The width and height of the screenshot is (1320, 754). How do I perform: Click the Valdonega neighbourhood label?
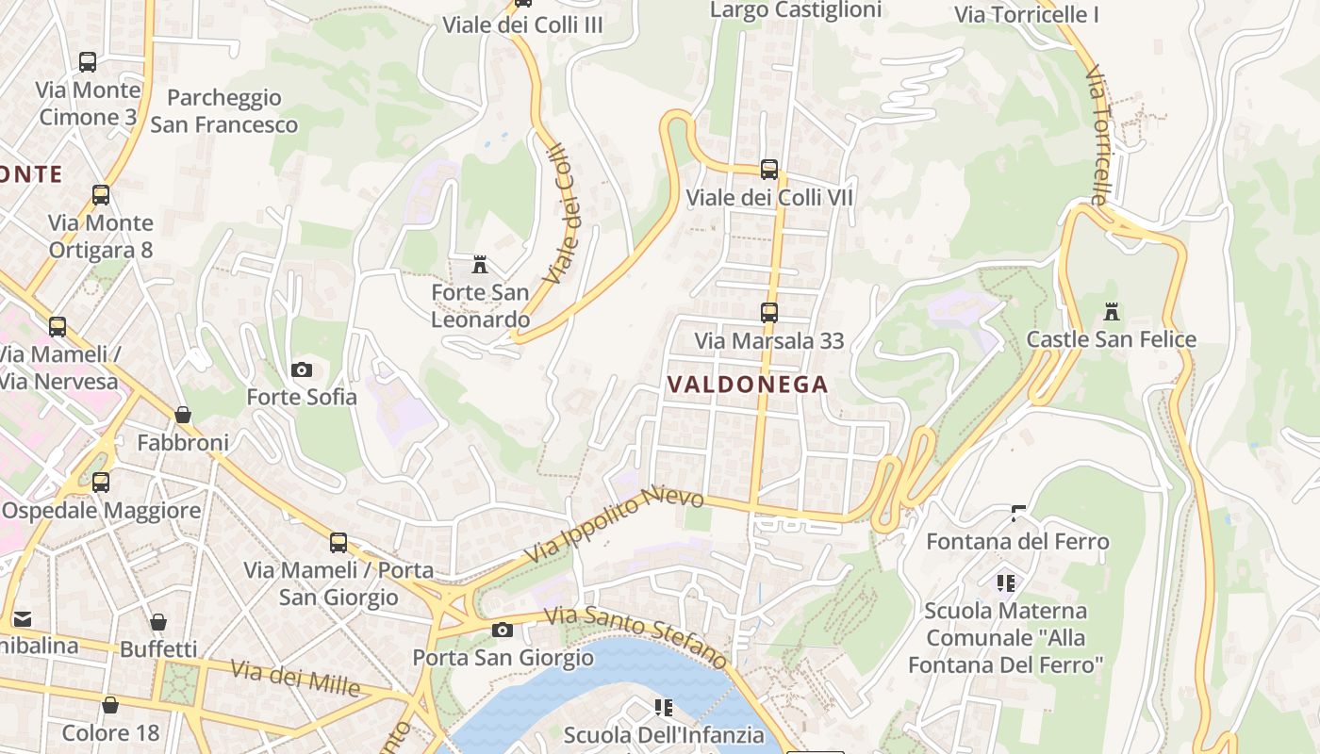click(x=747, y=385)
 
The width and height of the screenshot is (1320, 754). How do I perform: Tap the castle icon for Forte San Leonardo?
click(x=480, y=265)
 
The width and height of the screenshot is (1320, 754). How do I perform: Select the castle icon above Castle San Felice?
click(x=1112, y=311)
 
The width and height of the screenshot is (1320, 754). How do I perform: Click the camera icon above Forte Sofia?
click(x=302, y=369)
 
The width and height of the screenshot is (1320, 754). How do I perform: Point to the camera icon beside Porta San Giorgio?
click(x=503, y=630)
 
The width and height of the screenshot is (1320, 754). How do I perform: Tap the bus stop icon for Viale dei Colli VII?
click(x=769, y=170)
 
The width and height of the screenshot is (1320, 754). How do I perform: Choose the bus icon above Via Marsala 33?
click(x=769, y=312)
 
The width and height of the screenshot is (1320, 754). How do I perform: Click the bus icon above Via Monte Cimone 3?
click(x=88, y=62)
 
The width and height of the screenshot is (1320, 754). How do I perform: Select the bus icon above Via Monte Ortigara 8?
click(x=101, y=195)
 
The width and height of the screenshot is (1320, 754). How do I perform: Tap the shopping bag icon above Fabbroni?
click(x=183, y=415)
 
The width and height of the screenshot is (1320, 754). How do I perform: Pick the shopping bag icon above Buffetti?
click(x=158, y=622)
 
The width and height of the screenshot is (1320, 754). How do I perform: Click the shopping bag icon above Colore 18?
click(x=110, y=705)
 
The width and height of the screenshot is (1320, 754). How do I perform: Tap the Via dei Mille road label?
click(x=295, y=679)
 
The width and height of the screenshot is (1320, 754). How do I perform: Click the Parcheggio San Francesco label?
click(x=224, y=111)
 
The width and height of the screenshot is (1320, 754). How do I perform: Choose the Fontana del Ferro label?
click(x=1017, y=542)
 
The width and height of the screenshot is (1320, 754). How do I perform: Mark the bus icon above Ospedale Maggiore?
click(x=101, y=483)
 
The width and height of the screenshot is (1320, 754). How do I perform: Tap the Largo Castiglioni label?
click(x=796, y=10)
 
